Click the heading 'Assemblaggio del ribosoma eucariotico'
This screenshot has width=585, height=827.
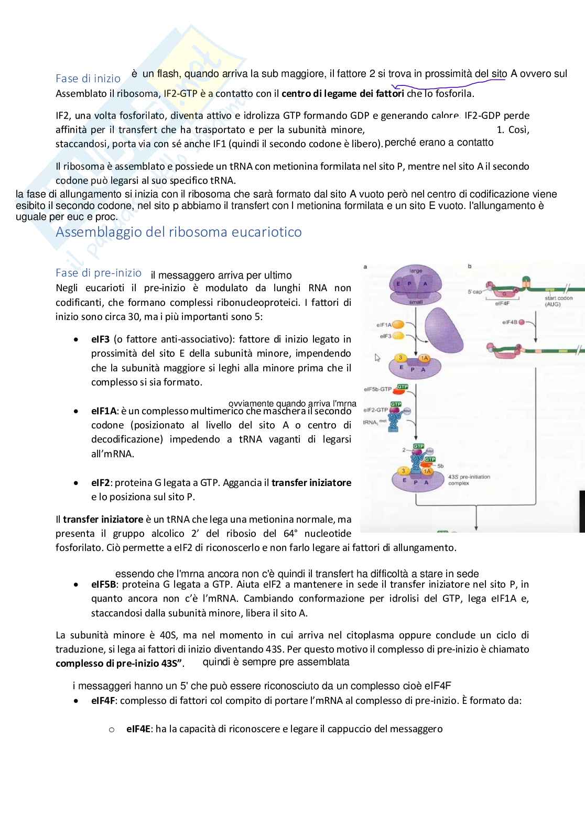[178, 232]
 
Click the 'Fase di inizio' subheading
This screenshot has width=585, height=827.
[88, 79]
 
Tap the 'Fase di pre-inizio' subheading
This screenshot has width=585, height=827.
[99, 273]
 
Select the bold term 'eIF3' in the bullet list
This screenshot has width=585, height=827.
[100, 339]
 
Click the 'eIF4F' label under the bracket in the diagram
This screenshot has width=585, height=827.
[502, 303]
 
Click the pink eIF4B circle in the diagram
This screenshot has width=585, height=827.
[522, 322]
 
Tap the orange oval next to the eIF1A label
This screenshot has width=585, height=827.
[398, 325]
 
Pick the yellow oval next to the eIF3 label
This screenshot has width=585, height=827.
[398, 336]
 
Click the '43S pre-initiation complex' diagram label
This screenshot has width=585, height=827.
[469, 480]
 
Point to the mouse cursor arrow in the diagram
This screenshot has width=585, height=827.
[377, 358]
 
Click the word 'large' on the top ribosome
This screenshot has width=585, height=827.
[416, 271]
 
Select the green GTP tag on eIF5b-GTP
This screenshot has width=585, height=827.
[402, 387]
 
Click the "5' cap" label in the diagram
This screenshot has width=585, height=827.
[474, 292]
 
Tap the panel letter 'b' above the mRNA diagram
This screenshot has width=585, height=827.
[469, 267]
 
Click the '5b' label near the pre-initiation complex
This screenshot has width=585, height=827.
[440, 466]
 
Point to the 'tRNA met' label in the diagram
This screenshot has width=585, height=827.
[371, 422]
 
